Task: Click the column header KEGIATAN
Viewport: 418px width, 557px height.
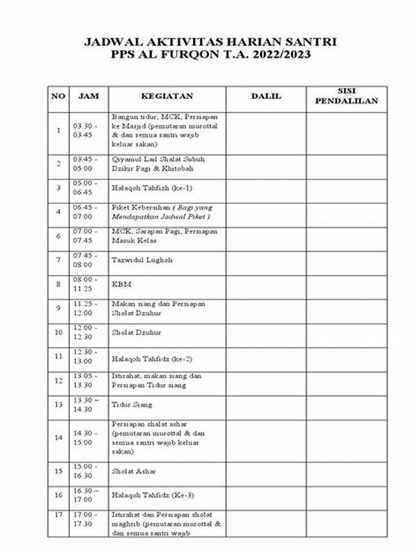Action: tap(166, 96)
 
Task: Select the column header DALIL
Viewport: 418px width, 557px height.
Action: tap(266, 96)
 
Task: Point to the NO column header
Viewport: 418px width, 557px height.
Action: tap(59, 96)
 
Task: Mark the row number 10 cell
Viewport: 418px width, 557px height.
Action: tap(59, 333)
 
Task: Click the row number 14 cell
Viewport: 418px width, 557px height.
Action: tap(59, 438)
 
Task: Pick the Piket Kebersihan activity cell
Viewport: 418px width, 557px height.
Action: tap(165, 212)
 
